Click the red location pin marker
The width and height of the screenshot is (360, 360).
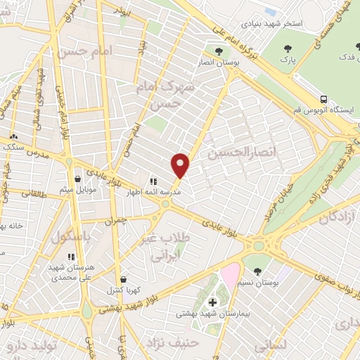(181, 165)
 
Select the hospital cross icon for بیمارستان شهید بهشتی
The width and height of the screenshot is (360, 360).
(213, 302)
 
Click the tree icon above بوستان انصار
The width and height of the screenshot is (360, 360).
(219, 51)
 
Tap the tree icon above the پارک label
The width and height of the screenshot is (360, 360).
(285, 49)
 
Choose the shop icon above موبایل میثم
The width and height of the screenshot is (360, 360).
(78, 179)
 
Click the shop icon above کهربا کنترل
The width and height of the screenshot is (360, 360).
(124, 279)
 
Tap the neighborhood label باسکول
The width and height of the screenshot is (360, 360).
(71, 238)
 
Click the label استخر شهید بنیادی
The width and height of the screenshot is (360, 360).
(274, 23)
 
